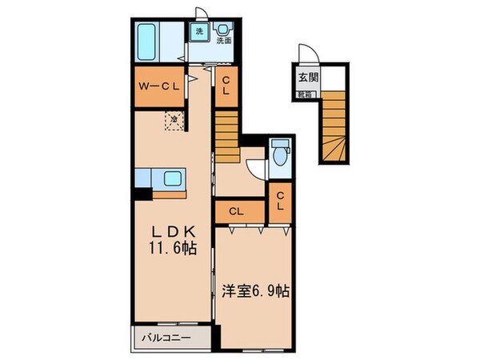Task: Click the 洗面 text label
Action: click(224, 42)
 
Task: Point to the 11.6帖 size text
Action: click(172, 249)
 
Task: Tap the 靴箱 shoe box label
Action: click(307, 94)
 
